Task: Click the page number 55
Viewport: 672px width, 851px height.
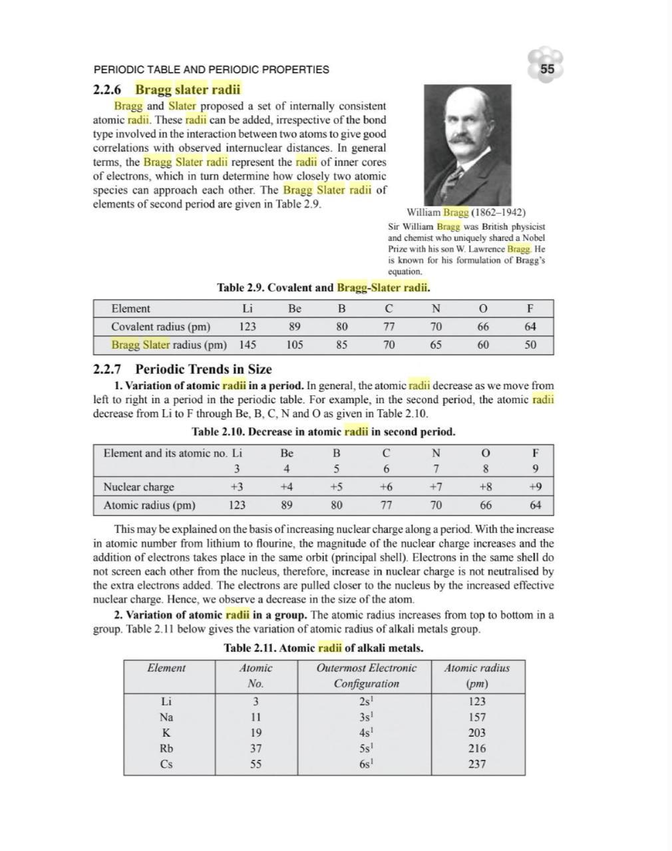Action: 547,69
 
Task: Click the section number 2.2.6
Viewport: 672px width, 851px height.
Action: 110,89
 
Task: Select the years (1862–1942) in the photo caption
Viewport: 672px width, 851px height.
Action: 498,212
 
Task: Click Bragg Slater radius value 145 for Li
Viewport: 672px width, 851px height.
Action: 248,345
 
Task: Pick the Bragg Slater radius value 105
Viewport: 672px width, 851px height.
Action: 295,345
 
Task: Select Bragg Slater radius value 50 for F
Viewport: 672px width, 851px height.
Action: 530,345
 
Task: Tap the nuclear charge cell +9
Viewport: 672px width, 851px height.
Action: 536,486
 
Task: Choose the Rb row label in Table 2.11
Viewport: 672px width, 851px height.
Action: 166,748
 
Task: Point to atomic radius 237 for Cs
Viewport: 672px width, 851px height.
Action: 477,764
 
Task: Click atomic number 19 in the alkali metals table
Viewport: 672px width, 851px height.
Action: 255,733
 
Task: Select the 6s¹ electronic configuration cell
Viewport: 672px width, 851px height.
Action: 367,764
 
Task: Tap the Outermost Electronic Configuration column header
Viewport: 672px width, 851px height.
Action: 367,675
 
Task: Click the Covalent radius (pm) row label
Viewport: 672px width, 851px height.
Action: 160,327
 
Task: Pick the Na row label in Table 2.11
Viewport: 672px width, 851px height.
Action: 166,717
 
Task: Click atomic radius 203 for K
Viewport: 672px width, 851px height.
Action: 477,733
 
